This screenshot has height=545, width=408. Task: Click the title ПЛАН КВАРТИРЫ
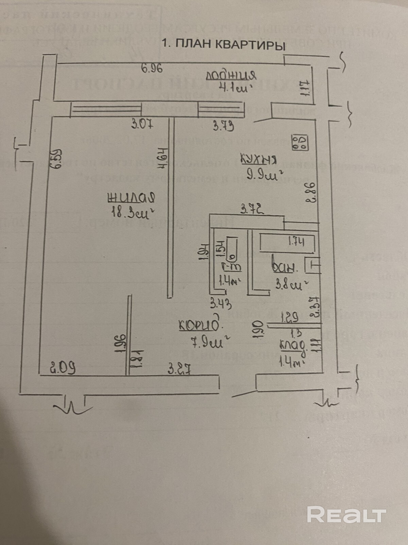point(223,45)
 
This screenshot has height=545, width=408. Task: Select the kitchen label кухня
point(259,159)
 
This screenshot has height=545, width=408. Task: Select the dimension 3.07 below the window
point(142,124)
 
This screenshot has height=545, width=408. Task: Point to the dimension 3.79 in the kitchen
point(223,126)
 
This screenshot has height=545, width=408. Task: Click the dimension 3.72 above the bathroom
point(252,209)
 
